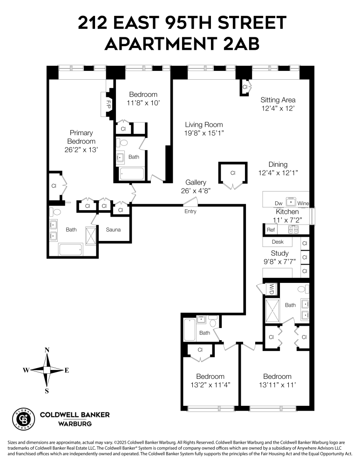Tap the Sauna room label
[x=113, y=230]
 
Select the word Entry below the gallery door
[x=190, y=211]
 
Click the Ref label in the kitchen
[x=271, y=230]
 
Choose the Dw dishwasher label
[x=278, y=203]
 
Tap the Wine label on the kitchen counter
[x=303, y=203]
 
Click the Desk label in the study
[x=278, y=242]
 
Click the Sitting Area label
[x=278, y=100]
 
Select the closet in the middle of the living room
[x=232, y=173]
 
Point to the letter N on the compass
[x=47, y=350]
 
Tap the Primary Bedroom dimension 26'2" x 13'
[x=82, y=150]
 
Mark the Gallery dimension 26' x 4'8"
[x=196, y=191]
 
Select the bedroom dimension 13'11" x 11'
[x=277, y=385]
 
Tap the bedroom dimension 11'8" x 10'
[x=143, y=103]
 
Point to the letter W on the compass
[x=26, y=370]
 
